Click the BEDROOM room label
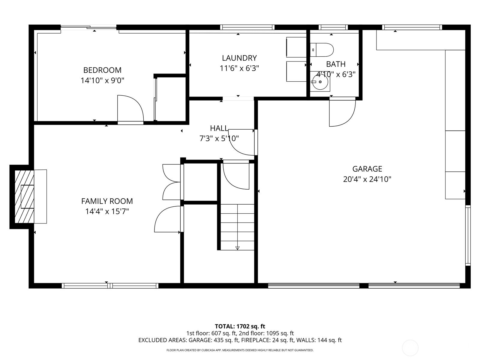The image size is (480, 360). pos(102,70)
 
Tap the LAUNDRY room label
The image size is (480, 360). pos(239,58)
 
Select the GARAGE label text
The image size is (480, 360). pos(367,169)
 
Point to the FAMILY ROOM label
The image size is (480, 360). pos(107,201)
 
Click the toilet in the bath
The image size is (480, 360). pos(322,50)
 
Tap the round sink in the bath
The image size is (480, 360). pos(320,82)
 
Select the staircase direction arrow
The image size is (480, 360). pos(238,248)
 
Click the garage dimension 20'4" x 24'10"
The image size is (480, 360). pos(367,179)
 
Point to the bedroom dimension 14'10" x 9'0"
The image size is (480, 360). pos(102,81)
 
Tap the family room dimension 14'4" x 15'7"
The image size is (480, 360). pos(107,211)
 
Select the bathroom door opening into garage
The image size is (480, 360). pos(343,113)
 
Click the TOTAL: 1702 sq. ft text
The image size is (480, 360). pos(240,327)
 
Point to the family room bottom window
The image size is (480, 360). pos(110,286)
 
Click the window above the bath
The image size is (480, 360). pos(333,27)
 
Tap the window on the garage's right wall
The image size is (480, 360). pos(468,235)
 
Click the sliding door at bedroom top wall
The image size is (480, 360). pos(88,27)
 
